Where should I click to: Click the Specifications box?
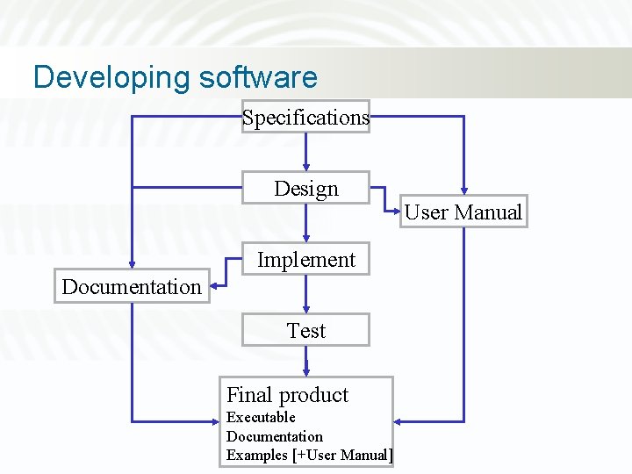coord(305,117)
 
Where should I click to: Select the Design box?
coord(305,188)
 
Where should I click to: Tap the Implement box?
coord(305,260)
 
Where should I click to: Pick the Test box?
coord(305,331)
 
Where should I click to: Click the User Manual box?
coord(463,212)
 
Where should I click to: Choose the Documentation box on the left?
coord(132,286)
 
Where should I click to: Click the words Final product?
coord(287,395)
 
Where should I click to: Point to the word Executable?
coord(261,417)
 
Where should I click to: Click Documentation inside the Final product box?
coord(275,436)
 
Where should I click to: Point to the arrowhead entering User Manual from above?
coord(463,190)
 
